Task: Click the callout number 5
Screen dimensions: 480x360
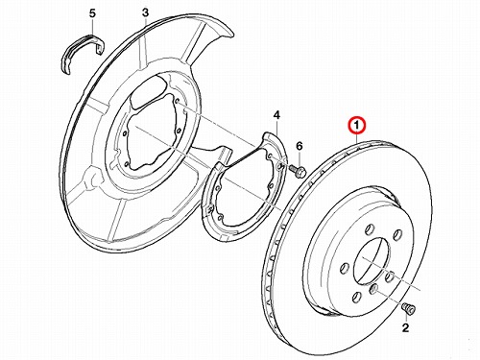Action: pyautogui.click(x=92, y=13)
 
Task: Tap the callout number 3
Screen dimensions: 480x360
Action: pyautogui.click(x=145, y=12)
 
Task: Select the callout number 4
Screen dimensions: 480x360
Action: pyautogui.click(x=276, y=115)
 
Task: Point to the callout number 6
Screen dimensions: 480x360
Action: pyautogui.click(x=300, y=146)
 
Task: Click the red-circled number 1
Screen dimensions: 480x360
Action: pyautogui.click(x=357, y=125)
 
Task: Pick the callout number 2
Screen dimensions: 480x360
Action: pyautogui.click(x=405, y=327)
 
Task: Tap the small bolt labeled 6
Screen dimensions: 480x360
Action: pyautogui.click(x=298, y=171)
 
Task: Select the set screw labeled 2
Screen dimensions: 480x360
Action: pyautogui.click(x=408, y=307)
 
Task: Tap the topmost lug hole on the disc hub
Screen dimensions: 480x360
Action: pyautogui.click(x=370, y=229)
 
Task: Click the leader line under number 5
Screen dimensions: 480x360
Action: pyautogui.click(x=93, y=27)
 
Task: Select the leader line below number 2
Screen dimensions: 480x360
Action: pyautogui.click(x=407, y=318)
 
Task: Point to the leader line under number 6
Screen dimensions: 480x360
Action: pyautogui.click(x=300, y=159)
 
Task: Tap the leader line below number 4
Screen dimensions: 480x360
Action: pyautogui.click(x=276, y=127)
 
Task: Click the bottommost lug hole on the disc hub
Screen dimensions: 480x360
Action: pyautogui.click(x=357, y=298)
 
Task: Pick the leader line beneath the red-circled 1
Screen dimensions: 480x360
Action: pyautogui.click(x=357, y=138)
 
